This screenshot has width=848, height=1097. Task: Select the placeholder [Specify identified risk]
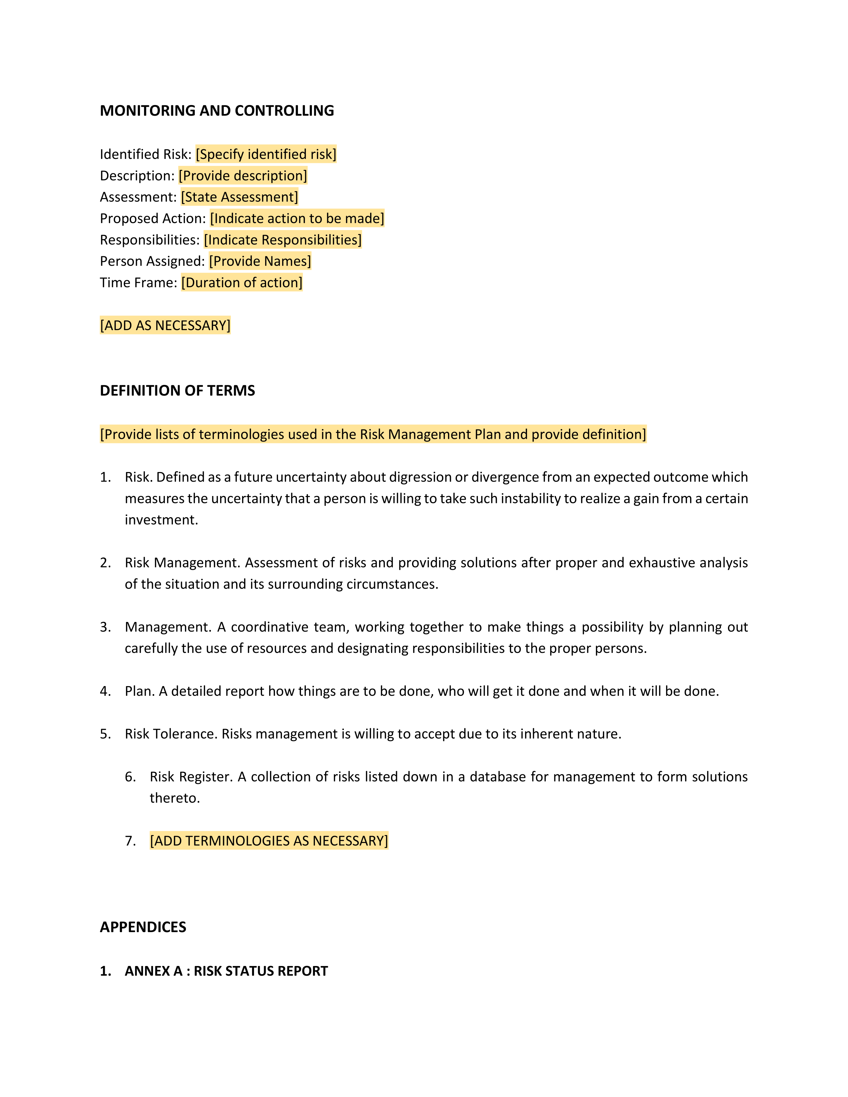point(266,154)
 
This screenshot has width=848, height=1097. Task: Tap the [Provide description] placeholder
point(243,176)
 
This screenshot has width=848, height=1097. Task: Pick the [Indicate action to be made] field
point(297,218)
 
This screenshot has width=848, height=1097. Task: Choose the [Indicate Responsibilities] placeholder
point(282,240)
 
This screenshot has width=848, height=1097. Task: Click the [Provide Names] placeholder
point(260,261)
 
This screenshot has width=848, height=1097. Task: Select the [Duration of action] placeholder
point(242,283)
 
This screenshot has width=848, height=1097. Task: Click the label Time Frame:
point(138,283)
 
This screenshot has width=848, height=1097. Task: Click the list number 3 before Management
point(105,627)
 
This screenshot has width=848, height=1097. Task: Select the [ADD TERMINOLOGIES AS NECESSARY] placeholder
point(269,841)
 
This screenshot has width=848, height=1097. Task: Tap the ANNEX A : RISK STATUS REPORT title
point(226,971)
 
